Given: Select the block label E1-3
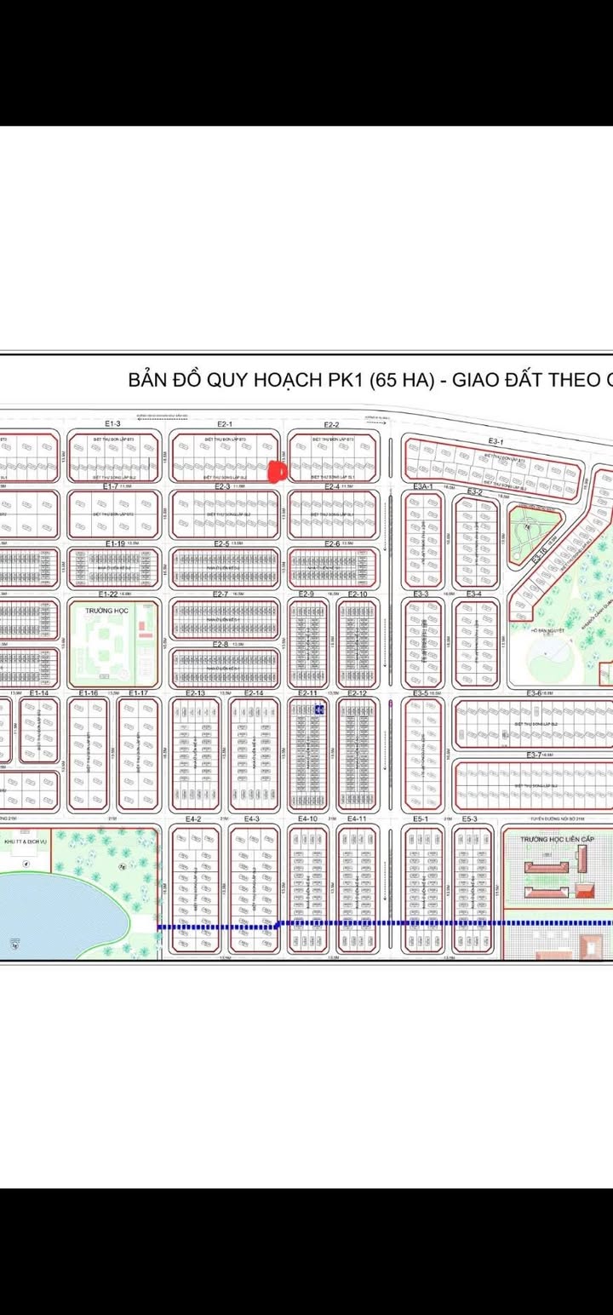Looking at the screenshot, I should pos(112,423).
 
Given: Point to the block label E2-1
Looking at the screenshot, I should pos(225,423).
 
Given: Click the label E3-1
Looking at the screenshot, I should pos(497,441).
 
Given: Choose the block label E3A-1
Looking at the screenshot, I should pos(424,486).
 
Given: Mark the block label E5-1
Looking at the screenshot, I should pos(420,818).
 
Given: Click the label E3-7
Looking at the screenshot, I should pos(534,755).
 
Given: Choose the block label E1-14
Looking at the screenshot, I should pos(39,693).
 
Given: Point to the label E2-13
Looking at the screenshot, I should pos(195,693).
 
